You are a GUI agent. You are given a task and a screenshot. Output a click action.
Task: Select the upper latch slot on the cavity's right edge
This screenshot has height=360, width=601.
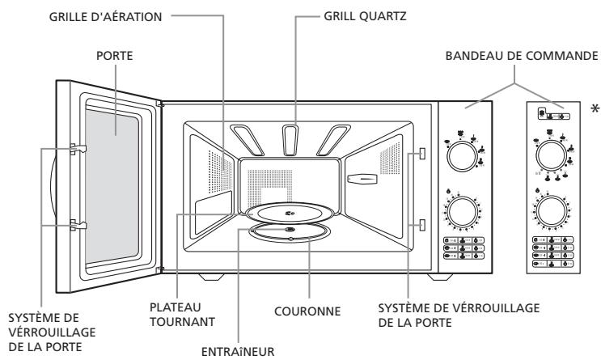coord(422,154)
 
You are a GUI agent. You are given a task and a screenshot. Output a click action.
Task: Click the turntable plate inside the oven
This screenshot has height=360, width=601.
coord(291,212)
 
